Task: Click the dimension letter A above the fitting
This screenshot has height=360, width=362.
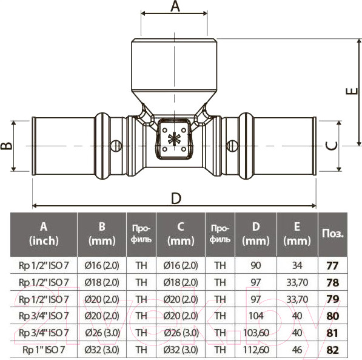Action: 175,7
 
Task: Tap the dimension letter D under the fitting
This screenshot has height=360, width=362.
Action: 176,199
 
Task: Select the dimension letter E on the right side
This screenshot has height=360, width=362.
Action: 350,91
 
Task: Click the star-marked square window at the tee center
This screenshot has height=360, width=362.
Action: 175,138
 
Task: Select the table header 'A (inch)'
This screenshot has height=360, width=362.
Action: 44,233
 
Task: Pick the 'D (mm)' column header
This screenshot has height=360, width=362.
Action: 256,233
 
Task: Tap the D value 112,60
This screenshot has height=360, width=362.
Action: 256,350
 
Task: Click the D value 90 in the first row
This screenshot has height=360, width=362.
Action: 256,265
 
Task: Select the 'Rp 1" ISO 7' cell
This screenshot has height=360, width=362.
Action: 44,350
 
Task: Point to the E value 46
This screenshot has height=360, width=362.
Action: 297,350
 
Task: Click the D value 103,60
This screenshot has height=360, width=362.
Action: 256,333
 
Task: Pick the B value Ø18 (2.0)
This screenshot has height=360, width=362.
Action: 102,282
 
